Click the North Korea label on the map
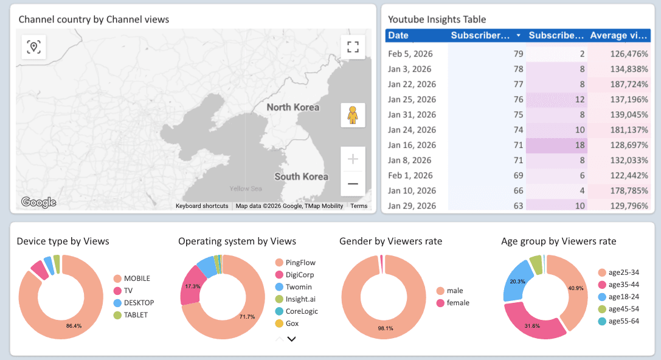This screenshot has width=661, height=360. [292, 108]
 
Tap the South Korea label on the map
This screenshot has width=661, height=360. [301, 177]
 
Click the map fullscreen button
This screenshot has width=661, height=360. [353, 47]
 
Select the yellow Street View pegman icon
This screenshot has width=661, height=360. [353, 115]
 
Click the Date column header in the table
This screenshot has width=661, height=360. [398, 35]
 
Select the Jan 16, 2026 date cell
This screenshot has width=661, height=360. [412, 145]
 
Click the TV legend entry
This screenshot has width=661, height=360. [128, 291]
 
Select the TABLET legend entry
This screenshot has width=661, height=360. [136, 315]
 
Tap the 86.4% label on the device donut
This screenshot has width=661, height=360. [74, 326]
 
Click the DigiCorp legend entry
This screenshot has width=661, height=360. [300, 275]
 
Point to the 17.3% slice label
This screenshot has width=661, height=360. [192, 286]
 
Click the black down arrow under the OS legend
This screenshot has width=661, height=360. [291, 339]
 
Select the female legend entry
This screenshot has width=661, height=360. [458, 303]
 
